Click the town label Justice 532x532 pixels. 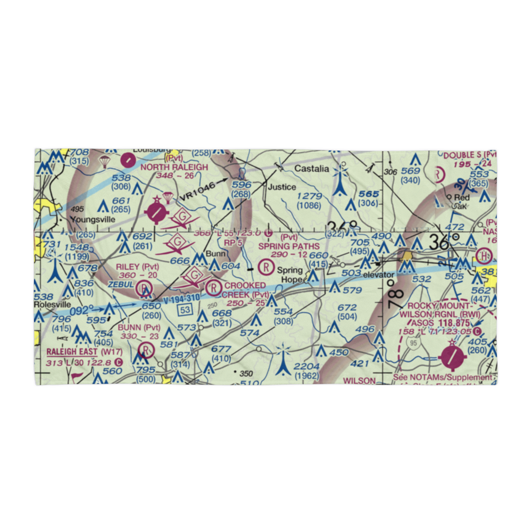pyautogui.click(x=281, y=187)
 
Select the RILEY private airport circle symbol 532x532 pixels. pyautogui.click(x=144, y=289)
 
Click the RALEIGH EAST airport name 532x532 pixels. pyautogui.click(x=72, y=352)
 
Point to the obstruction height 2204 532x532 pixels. pyautogui.click(x=306, y=367)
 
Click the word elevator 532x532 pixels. pyautogui.click(x=379, y=275)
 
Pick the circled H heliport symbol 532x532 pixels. pyautogui.click(x=485, y=256)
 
